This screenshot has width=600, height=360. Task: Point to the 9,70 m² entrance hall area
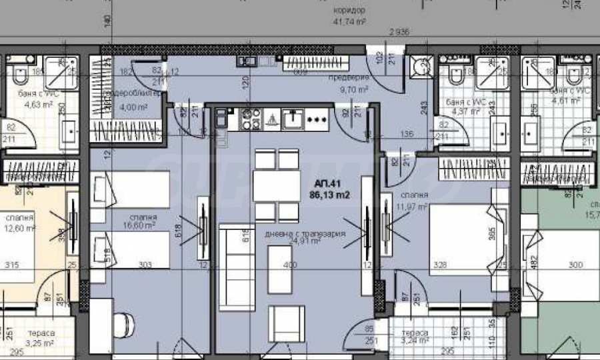click(x=354, y=89)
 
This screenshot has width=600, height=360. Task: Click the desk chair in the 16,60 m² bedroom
click(x=121, y=326)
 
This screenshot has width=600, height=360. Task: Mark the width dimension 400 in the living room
click(x=289, y=265)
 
